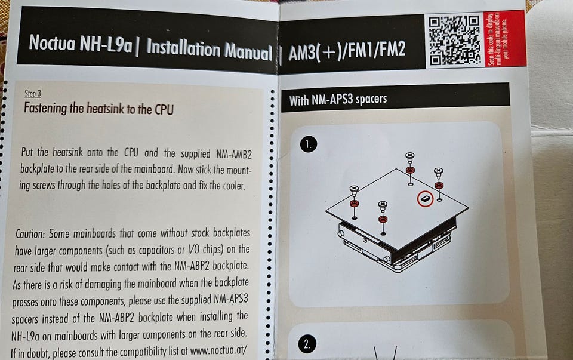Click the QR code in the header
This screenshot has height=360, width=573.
pyautogui.click(x=455, y=41)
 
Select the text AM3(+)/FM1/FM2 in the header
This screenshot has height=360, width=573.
pyautogui.click(x=347, y=51)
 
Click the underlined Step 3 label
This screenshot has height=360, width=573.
pyautogui.click(x=32, y=94)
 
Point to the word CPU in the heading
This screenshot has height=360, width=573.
pyautogui.click(x=164, y=110)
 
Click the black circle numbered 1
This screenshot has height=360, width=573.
pyautogui.click(x=309, y=144)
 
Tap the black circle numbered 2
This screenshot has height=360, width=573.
pyautogui.click(x=307, y=344)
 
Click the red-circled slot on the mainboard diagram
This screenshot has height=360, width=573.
pyautogui.click(x=425, y=199)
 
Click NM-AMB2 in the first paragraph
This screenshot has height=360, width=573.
pyautogui.click(x=234, y=155)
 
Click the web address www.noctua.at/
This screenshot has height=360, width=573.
pyautogui.click(x=218, y=350)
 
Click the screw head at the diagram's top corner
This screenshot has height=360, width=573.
pyautogui.click(x=409, y=156)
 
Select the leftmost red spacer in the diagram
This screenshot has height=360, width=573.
pyautogui.click(x=354, y=204)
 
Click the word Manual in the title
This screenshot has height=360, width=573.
pyautogui.click(x=248, y=51)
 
